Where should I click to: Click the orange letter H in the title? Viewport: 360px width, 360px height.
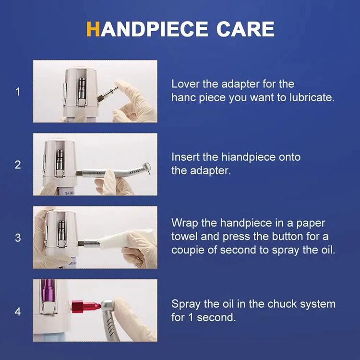pyautogui.click(x=93, y=29)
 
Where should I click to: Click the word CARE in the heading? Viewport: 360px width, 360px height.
pyautogui.click(x=245, y=29)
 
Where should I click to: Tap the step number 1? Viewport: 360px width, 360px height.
pyautogui.click(x=18, y=92)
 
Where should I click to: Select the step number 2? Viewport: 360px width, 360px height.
pyautogui.click(x=18, y=165)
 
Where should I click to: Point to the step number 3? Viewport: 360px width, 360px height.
pyautogui.click(x=18, y=238)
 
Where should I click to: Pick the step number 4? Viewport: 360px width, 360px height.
pyautogui.click(x=18, y=312)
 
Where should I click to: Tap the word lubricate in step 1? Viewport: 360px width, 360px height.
pyautogui.click(x=312, y=97)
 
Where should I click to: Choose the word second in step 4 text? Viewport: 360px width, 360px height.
pyautogui.click(x=216, y=318)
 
